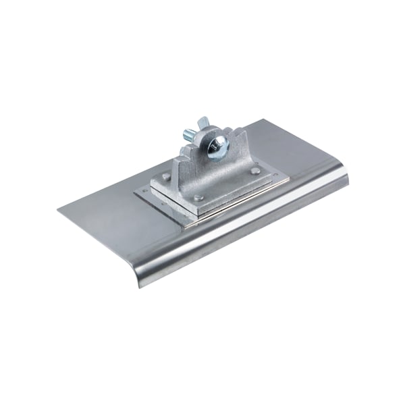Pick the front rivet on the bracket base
click(198, 198)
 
